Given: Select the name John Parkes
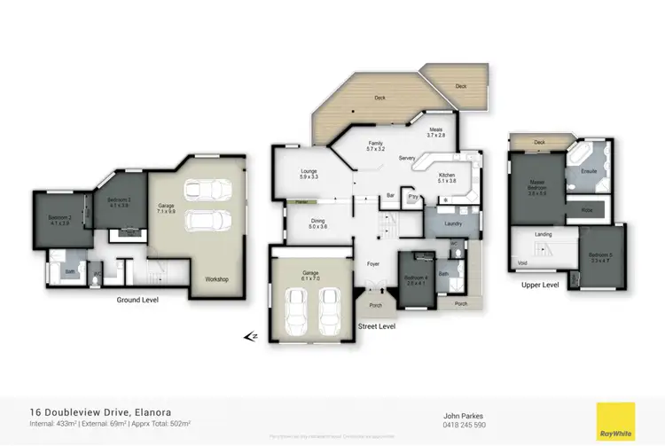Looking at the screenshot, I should (x=465, y=414).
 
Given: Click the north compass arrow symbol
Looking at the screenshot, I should (x=251, y=336).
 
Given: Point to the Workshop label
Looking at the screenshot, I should (x=216, y=279).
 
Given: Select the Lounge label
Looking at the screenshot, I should (x=296, y=174).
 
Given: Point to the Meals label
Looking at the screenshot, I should (x=434, y=129).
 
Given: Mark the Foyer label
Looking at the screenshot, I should (x=373, y=263).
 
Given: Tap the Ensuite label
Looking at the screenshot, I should (x=588, y=170).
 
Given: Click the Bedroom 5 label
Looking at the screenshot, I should (x=601, y=257).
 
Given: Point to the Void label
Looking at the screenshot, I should (x=520, y=263).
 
